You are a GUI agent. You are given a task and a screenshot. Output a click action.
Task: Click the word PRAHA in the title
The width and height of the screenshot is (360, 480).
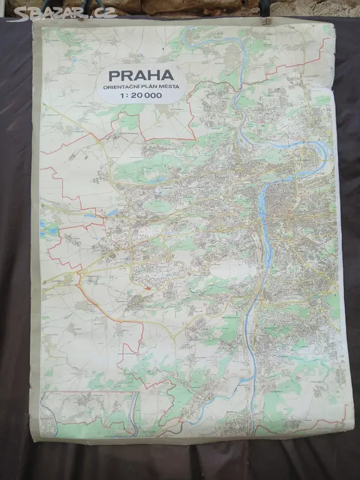(x=141, y=76)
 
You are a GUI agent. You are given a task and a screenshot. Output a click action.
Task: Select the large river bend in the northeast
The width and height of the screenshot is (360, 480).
(x=319, y=150)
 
